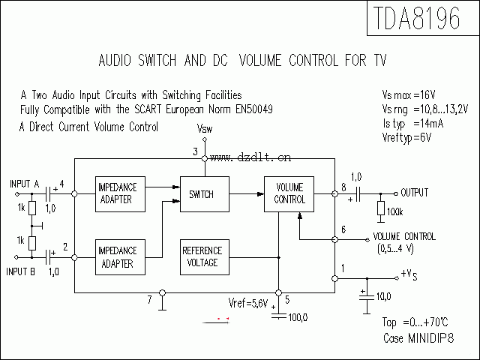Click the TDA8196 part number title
(414, 20)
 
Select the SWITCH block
(201, 194)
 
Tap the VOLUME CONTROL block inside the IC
(290, 194)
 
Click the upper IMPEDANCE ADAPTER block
(116, 194)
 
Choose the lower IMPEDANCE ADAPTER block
(116, 257)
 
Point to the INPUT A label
(25, 183)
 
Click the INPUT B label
(23, 271)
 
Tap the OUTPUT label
(414, 193)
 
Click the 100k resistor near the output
(380, 209)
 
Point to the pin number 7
(150, 300)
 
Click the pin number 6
(343, 229)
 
